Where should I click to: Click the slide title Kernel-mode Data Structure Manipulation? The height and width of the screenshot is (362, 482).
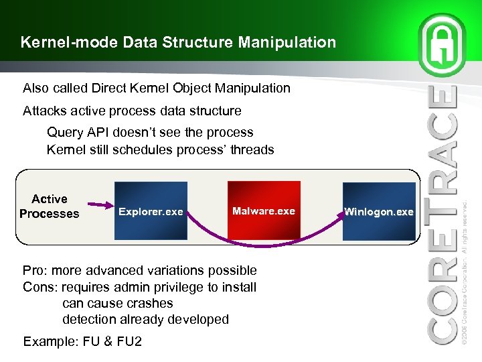click(x=178, y=43)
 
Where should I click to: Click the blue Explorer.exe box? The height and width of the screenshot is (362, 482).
click(x=151, y=211)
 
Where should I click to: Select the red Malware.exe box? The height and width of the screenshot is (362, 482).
click(x=263, y=210)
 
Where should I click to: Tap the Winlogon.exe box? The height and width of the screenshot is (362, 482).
click(x=378, y=211)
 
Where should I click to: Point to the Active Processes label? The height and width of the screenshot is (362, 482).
click(x=49, y=206)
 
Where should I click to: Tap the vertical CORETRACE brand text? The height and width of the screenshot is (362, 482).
click(x=443, y=215)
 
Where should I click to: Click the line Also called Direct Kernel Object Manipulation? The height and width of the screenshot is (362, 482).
click(x=157, y=88)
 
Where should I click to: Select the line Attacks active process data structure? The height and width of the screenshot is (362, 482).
click(x=132, y=110)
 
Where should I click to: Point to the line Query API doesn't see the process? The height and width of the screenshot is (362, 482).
click(x=150, y=132)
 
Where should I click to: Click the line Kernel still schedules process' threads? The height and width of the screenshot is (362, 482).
click(x=160, y=149)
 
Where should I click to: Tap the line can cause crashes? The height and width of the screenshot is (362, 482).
click(x=117, y=303)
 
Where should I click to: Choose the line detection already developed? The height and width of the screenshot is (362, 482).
click(x=145, y=319)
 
